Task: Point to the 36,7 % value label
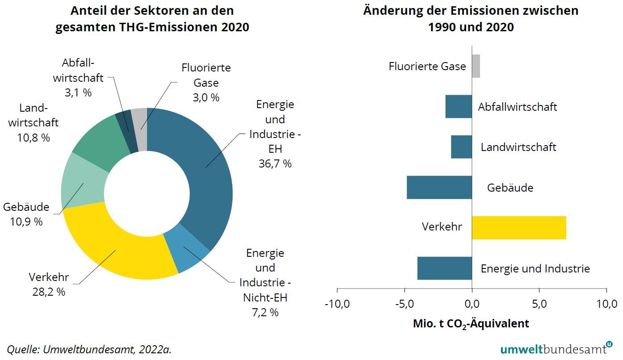(x=275, y=163)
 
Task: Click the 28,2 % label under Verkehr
(x=49, y=292)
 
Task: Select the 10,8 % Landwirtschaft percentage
(x=34, y=138)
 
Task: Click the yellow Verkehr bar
(x=519, y=228)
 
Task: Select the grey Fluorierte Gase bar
(x=476, y=66)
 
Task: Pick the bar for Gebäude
(x=439, y=187)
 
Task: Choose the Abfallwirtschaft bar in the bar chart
(x=459, y=106)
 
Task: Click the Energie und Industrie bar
(x=445, y=268)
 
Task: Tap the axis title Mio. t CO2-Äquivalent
(x=471, y=323)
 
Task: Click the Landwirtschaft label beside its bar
(x=518, y=147)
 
